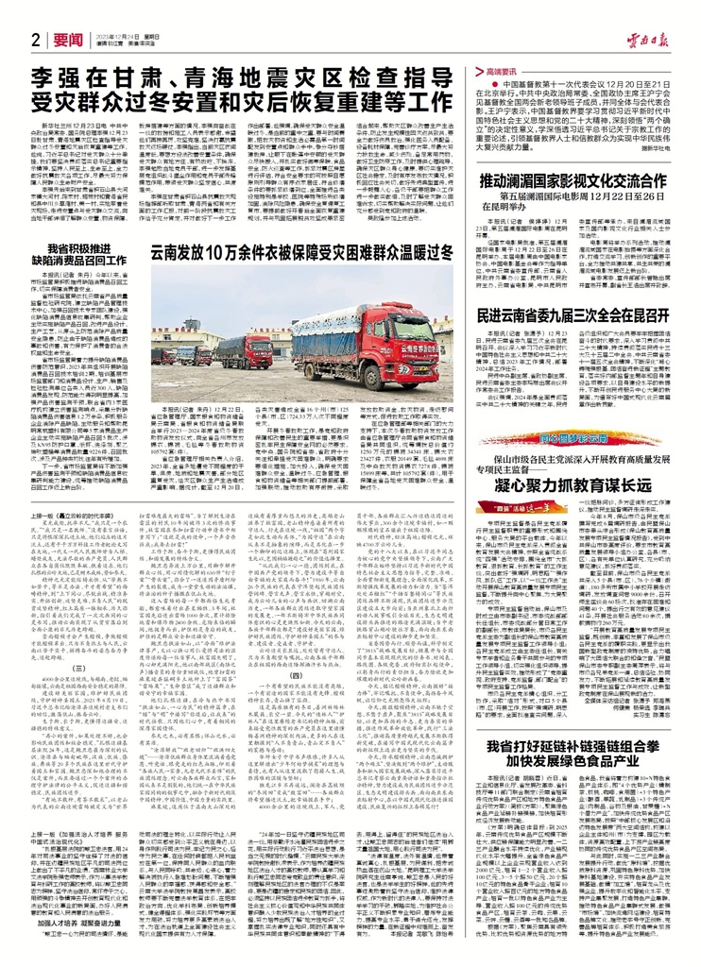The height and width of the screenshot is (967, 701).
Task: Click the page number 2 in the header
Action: click(x=34, y=40)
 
